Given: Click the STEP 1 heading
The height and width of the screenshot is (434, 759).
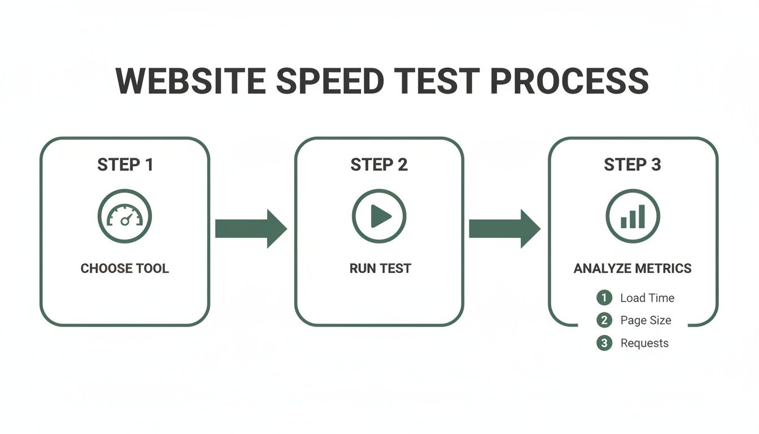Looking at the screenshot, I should (125, 165).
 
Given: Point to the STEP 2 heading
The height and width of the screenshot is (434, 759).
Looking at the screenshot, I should (379, 165).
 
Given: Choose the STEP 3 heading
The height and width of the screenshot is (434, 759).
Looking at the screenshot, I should (632, 165).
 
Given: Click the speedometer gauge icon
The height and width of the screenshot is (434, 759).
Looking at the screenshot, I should (125, 216).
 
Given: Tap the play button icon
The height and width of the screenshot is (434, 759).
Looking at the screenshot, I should (379, 216).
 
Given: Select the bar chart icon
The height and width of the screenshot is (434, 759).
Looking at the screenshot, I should (632, 216).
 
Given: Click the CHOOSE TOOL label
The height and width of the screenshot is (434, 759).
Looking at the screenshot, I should (125, 268).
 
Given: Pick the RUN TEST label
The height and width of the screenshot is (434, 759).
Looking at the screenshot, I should (380, 268).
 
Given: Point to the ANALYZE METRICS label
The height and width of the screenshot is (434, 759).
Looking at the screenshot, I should (632, 268).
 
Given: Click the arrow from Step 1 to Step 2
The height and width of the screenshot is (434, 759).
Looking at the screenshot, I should (251, 229).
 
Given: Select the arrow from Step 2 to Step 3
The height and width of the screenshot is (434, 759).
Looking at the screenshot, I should (504, 229).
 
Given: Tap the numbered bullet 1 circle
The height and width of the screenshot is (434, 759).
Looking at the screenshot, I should (604, 298).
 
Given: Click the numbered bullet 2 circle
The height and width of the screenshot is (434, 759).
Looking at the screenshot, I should (604, 320).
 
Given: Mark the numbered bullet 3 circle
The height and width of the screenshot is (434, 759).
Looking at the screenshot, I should (604, 343).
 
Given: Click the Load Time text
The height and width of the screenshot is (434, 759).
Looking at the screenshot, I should (647, 298).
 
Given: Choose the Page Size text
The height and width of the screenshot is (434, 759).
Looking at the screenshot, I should (645, 320).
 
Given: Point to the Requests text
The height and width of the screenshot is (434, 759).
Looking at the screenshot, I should (644, 343).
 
